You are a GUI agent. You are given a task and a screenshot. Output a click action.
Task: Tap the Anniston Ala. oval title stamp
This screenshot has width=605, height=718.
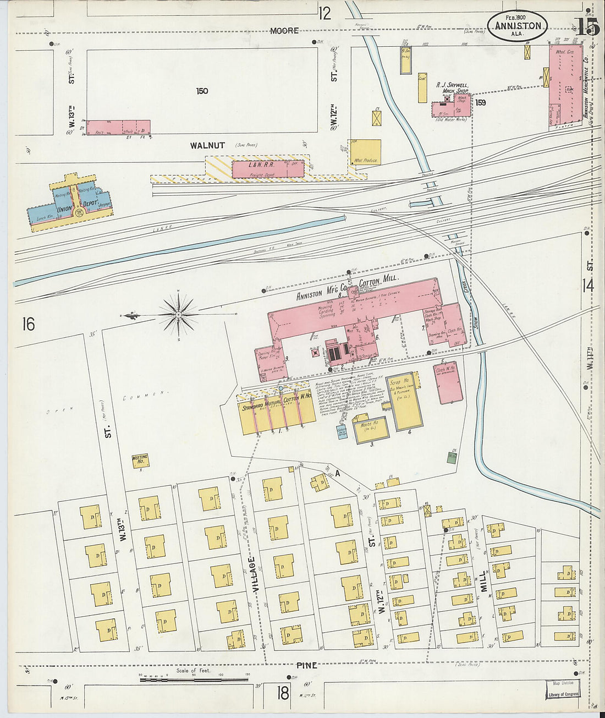coord(517,26)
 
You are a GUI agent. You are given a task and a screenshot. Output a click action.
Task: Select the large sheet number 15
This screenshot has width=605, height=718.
coord(587,27)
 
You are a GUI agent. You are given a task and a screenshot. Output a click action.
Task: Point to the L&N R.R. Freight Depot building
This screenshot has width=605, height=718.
coord(267,169)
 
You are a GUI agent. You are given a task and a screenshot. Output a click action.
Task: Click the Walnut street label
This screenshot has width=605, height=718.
coord(207,145)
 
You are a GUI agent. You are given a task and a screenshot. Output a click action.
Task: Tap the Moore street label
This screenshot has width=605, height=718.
coord(284,31)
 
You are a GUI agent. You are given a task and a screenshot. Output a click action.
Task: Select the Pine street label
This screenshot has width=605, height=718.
coord(306,665)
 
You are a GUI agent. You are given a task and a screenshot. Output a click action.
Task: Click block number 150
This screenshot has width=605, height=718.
coord(202,91)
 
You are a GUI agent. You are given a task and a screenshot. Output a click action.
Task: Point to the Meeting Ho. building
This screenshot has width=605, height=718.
coord(140,461)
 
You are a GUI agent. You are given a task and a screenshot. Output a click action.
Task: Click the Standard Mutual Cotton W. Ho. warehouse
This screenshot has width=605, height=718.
coord(277,413)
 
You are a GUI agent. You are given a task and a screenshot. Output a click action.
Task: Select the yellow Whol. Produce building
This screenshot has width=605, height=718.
coord(366,152)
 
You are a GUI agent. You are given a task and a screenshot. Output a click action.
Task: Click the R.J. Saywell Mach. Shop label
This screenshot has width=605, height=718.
coord(452,88)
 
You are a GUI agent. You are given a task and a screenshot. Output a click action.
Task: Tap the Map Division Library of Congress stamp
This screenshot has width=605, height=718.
coord(563,689)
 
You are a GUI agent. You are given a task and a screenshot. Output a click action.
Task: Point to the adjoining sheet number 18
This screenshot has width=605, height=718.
coord(283,693)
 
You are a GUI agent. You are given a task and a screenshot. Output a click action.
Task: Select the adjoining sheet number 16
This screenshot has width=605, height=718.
coord(28,324)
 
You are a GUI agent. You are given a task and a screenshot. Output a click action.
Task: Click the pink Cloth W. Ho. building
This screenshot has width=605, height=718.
coord(448,382)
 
